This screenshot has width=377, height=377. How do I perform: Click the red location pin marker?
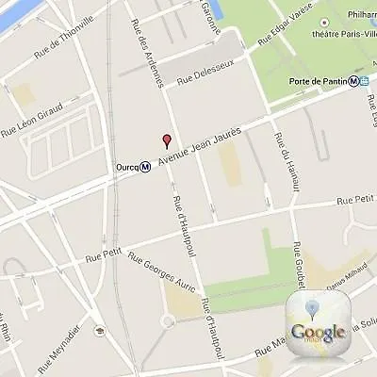pos(168,141)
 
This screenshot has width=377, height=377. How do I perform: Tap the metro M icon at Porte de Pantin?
pos(352,80)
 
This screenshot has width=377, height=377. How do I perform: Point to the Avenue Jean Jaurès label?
pos(200,152)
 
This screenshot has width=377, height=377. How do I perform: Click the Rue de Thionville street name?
pos(64,43)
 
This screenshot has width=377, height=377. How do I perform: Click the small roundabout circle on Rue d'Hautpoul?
pos(167,321)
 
